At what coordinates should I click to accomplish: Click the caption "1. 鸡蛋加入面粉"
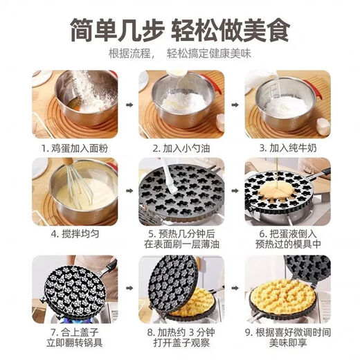[x=74, y=147]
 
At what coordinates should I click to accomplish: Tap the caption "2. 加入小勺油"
[x=179, y=147]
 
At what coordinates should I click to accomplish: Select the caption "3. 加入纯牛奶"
[x=285, y=147]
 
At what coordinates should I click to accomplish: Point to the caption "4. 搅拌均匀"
[x=74, y=233]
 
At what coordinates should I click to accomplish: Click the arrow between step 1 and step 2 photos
[x=128, y=106]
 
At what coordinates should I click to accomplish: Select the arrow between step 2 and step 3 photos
[x=233, y=106]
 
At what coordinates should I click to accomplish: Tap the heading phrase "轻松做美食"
[x=238, y=30]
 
